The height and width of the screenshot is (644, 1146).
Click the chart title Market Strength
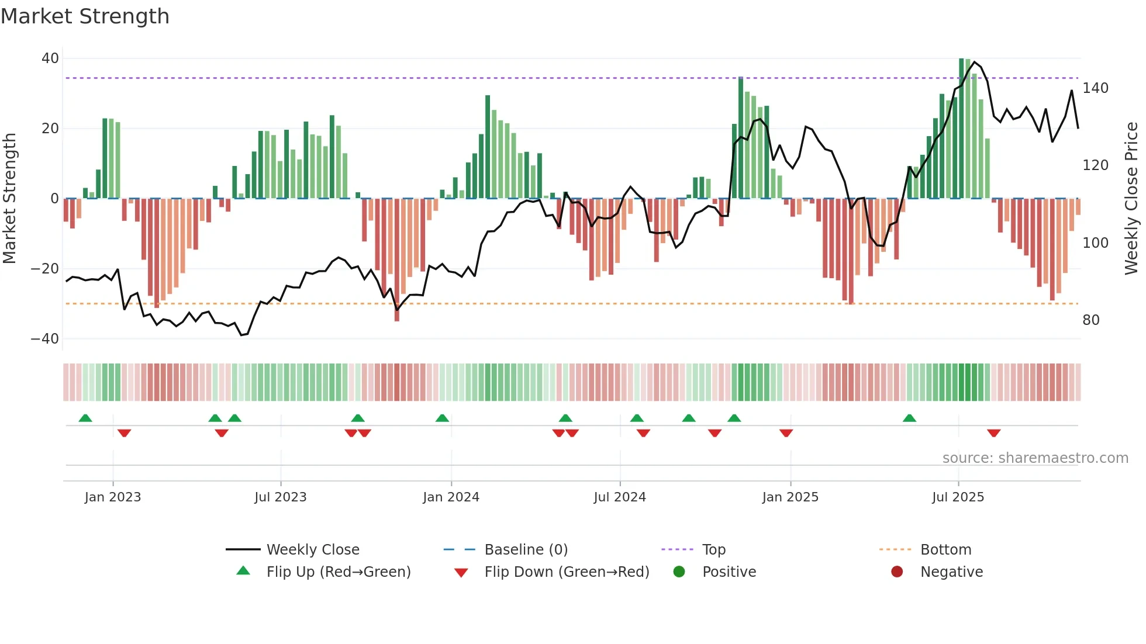[x=85, y=16]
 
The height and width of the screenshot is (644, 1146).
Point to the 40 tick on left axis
[x=50, y=58]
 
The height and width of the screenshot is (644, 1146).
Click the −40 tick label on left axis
[x=45, y=339]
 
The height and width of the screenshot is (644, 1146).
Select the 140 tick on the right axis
[x=1095, y=88]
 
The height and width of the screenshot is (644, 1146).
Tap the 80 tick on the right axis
[x=1090, y=320]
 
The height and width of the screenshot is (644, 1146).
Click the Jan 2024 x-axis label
[x=451, y=497]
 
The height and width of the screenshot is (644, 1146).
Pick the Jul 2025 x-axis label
[x=958, y=497]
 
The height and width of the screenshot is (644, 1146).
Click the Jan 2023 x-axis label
[x=113, y=497]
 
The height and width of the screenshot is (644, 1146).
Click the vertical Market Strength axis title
[x=10, y=199]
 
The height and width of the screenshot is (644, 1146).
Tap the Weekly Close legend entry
[x=313, y=550]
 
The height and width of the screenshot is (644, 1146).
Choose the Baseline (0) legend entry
[x=526, y=550]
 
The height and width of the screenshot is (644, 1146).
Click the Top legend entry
[x=713, y=550]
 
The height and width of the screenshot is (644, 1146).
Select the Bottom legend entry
[x=945, y=550]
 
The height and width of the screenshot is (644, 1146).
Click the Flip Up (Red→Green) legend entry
[x=338, y=572]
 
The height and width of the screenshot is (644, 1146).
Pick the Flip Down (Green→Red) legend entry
[x=567, y=572]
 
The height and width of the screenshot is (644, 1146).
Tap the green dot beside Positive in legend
[x=679, y=572]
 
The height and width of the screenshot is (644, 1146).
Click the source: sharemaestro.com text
[x=1035, y=458]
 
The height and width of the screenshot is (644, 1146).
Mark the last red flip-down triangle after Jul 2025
[x=993, y=433]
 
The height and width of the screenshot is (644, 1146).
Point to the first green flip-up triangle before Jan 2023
[x=85, y=418]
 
